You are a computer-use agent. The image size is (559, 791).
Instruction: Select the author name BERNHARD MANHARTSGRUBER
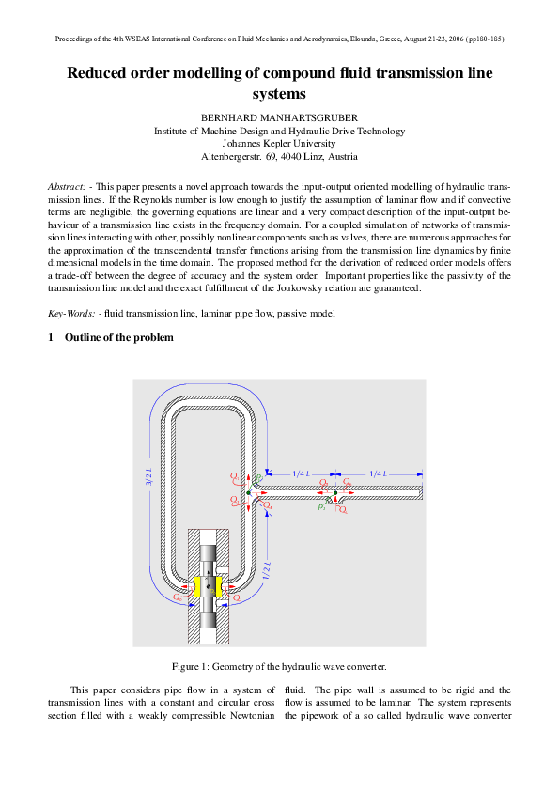(279, 117)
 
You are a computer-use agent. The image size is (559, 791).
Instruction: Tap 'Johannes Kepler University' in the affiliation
(279, 144)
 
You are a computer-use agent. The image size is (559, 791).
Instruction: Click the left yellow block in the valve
(198, 586)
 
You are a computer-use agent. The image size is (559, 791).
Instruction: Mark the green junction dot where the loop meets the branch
(248, 492)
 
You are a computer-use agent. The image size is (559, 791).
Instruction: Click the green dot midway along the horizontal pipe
(335, 492)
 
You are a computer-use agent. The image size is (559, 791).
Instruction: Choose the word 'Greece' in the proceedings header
(365, 39)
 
